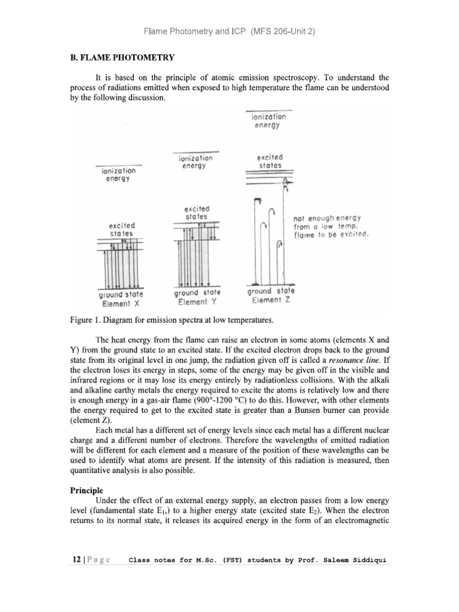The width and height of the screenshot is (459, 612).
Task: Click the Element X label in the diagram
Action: point(120,304)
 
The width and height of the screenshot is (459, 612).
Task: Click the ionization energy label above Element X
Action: point(118,175)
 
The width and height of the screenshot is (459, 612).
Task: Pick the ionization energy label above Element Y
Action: point(195,162)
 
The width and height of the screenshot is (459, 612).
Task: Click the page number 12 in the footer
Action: point(75,561)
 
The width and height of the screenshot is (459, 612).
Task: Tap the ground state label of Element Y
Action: point(197,293)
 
